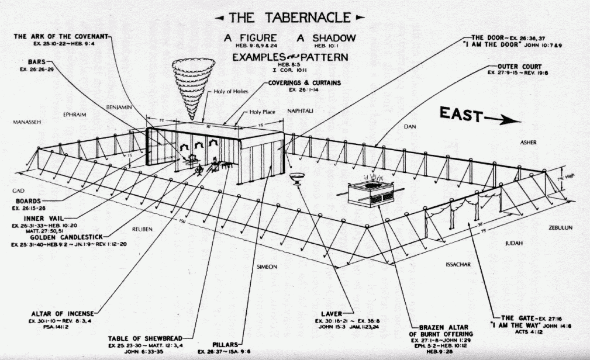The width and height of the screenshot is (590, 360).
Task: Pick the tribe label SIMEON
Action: point(266,266)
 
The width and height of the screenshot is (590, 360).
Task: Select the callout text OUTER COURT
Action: point(519,66)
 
